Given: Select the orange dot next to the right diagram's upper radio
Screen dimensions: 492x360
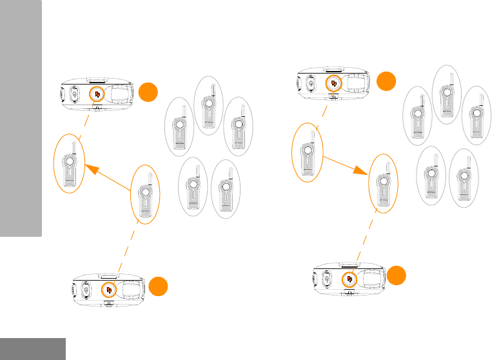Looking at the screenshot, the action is (x=386, y=81).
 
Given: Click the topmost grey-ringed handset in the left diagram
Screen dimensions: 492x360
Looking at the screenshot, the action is (x=208, y=106).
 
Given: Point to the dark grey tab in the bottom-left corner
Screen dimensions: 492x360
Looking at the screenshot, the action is (x=32, y=348).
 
